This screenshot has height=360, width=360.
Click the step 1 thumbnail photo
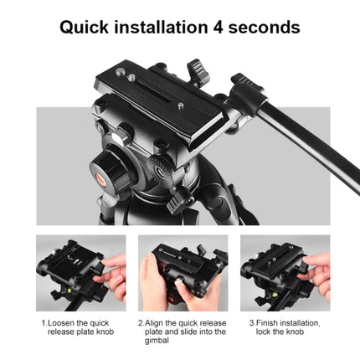[x=80, y=273]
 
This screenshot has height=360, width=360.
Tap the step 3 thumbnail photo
[x=285, y=273]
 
